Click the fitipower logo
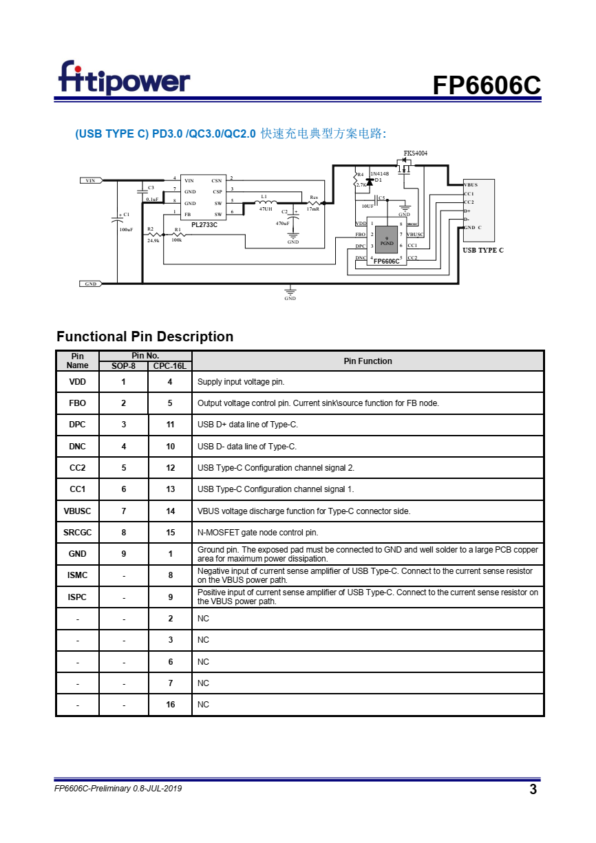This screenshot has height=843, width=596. tap(124, 78)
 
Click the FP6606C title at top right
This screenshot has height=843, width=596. tap(486, 85)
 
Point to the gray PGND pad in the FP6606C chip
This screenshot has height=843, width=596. tap(387, 241)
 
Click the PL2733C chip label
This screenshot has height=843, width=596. tap(204, 224)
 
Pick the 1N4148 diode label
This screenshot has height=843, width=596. tap(380, 173)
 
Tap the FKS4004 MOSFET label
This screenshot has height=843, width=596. tap(415, 153)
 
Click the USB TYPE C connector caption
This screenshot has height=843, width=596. tap(482, 250)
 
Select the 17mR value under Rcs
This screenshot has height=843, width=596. tap(313, 209)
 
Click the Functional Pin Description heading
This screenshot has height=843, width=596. tap(145, 337)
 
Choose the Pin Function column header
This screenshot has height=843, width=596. tap(368, 361)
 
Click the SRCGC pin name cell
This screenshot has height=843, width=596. tap(77, 532)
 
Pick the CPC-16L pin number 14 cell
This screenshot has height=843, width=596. tap(170, 511)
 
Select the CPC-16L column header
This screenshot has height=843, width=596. tap(170, 366)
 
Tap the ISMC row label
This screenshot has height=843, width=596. tap(77, 575)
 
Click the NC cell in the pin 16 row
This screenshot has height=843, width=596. tap(203, 705)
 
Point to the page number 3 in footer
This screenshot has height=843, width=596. tap(533, 789)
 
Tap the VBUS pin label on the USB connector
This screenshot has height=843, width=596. tap(471, 185)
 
